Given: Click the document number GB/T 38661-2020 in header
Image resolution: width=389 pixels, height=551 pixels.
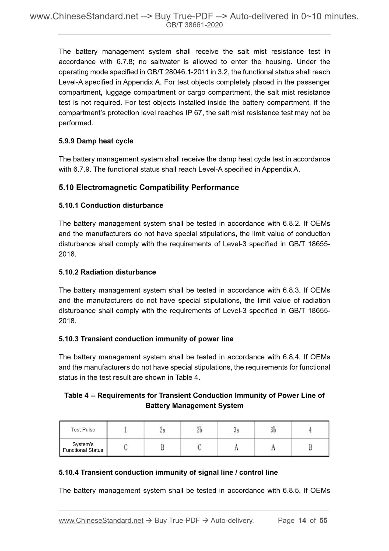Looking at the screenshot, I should pyautogui.click(x=194, y=25).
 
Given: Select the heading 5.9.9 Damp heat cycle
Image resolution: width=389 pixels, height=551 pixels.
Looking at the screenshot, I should pyautogui.click(x=96, y=141).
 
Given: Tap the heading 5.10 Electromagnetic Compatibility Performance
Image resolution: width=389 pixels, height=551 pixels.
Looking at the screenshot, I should pyautogui.click(x=149, y=187).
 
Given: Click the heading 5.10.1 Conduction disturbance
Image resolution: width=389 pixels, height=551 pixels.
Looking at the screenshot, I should pyautogui.click(x=111, y=205).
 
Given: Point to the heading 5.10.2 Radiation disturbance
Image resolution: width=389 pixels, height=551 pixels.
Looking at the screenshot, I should pyautogui.click(x=107, y=272).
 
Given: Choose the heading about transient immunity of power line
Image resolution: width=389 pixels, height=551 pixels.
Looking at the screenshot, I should pyautogui.click(x=146, y=339).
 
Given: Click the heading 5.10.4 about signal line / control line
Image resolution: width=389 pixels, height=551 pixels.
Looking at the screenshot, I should pyautogui.click(x=168, y=472).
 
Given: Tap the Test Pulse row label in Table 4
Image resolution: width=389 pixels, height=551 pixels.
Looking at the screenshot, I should pyautogui.click(x=83, y=430).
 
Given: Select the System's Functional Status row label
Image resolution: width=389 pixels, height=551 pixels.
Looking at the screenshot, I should pyautogui.click(x=83, y=447).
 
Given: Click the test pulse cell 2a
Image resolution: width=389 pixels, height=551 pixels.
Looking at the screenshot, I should pyautogui.click(x=162, y=430).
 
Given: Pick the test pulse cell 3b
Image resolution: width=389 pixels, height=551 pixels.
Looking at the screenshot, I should pyautogui.click(x=273, y=430).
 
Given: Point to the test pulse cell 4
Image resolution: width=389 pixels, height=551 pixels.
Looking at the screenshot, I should pyautogui.click(x=310, y=430).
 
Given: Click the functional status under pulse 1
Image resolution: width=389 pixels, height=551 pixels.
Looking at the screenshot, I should pyautogui.click(x=125, y=447).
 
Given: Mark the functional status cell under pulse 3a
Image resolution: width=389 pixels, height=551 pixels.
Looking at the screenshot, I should pyautogui.click(x=236, y=447).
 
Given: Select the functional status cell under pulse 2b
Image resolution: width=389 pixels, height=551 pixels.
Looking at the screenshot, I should pyautogui.click(x=199, y=447).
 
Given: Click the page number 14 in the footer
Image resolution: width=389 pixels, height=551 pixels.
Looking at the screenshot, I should pyautogui.click(x=302, y=520).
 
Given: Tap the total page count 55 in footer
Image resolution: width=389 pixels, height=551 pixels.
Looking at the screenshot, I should pyautogui.click(x=323, y=520).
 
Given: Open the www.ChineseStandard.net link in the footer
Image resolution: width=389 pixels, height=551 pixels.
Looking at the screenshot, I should pyautogui.click(x=101, y=521).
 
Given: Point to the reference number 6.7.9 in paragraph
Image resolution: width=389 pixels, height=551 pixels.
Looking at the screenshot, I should pyautogui.click(x=82, y=169).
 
